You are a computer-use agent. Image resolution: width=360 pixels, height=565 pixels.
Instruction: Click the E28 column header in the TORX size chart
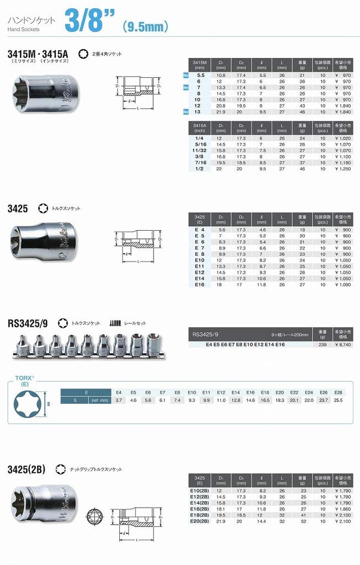pos(337,392)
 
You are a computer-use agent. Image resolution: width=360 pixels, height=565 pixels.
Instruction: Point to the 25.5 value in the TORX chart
pos(337,399)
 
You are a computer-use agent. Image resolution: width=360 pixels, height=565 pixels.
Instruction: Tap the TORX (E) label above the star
pos(22,381)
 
